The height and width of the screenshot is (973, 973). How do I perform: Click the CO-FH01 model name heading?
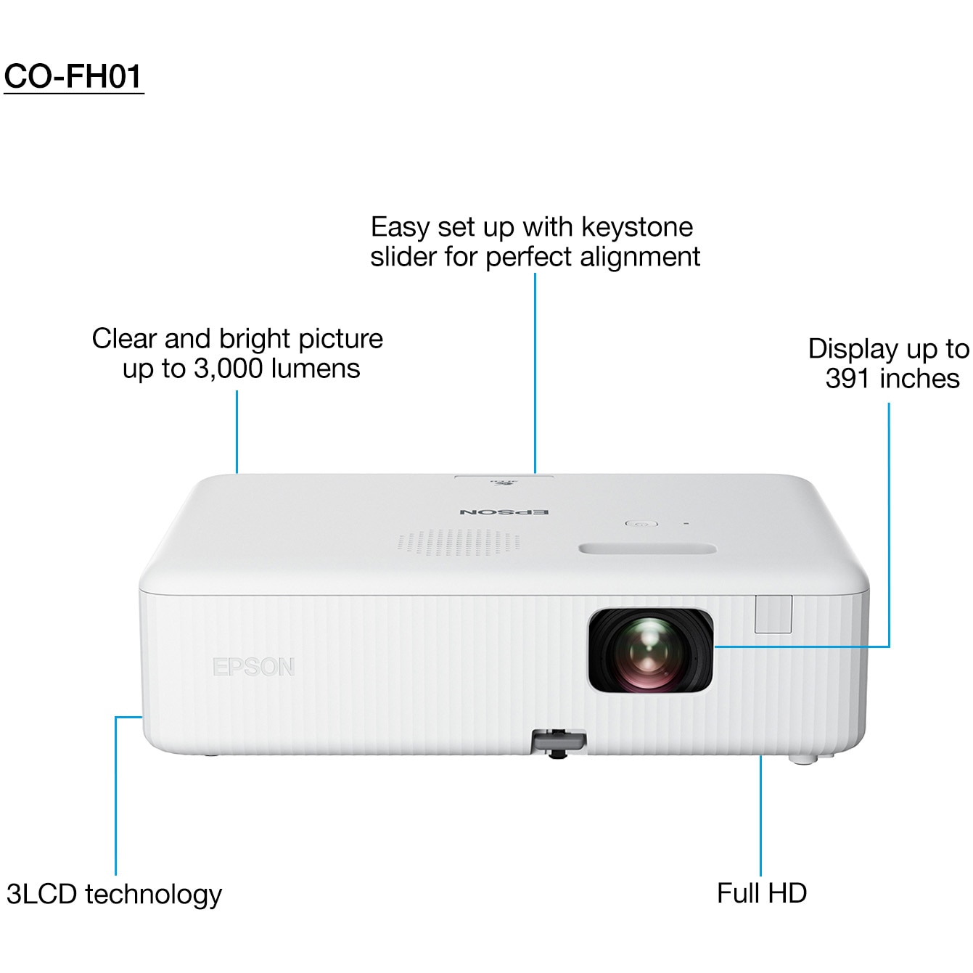[73, 77]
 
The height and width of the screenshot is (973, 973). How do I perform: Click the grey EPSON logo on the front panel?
[253, 667]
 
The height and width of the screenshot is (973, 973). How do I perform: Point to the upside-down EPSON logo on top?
[504, 512]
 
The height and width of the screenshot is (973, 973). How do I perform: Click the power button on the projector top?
[641, 523]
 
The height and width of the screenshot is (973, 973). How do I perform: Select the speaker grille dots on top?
[459, 543]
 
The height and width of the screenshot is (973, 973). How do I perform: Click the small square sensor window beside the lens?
[773, 614]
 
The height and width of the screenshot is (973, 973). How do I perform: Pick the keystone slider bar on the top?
[648, 549]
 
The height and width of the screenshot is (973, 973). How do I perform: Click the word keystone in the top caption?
[637, 227]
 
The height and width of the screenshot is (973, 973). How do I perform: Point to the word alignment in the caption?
[640, 257]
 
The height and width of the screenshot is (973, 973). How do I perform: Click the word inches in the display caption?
[919, 379]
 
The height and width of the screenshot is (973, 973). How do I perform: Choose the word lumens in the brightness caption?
[316, 369]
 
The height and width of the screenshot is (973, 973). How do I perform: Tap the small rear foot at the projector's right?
[803, 759]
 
